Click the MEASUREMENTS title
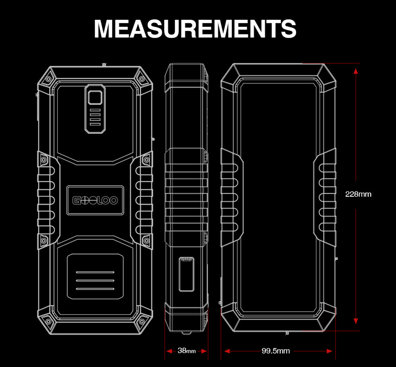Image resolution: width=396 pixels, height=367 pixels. coord(195,28)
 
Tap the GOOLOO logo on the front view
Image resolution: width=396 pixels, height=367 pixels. coord(95,200)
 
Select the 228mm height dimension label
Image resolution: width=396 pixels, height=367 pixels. coord(358,194)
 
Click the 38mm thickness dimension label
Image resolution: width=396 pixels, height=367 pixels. coord(187,351)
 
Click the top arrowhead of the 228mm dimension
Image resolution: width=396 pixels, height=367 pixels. coord(356,71)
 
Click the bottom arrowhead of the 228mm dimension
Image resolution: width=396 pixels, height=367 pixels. coord(356,321)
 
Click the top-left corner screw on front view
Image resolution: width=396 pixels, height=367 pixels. coord(48,79)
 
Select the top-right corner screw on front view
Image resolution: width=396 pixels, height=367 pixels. coord(142,79)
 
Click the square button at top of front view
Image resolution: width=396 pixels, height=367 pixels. coord(95,97)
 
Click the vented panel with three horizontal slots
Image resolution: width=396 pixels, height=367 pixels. coord(95,276)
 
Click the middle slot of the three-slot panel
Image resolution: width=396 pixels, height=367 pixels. coord(95,280)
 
